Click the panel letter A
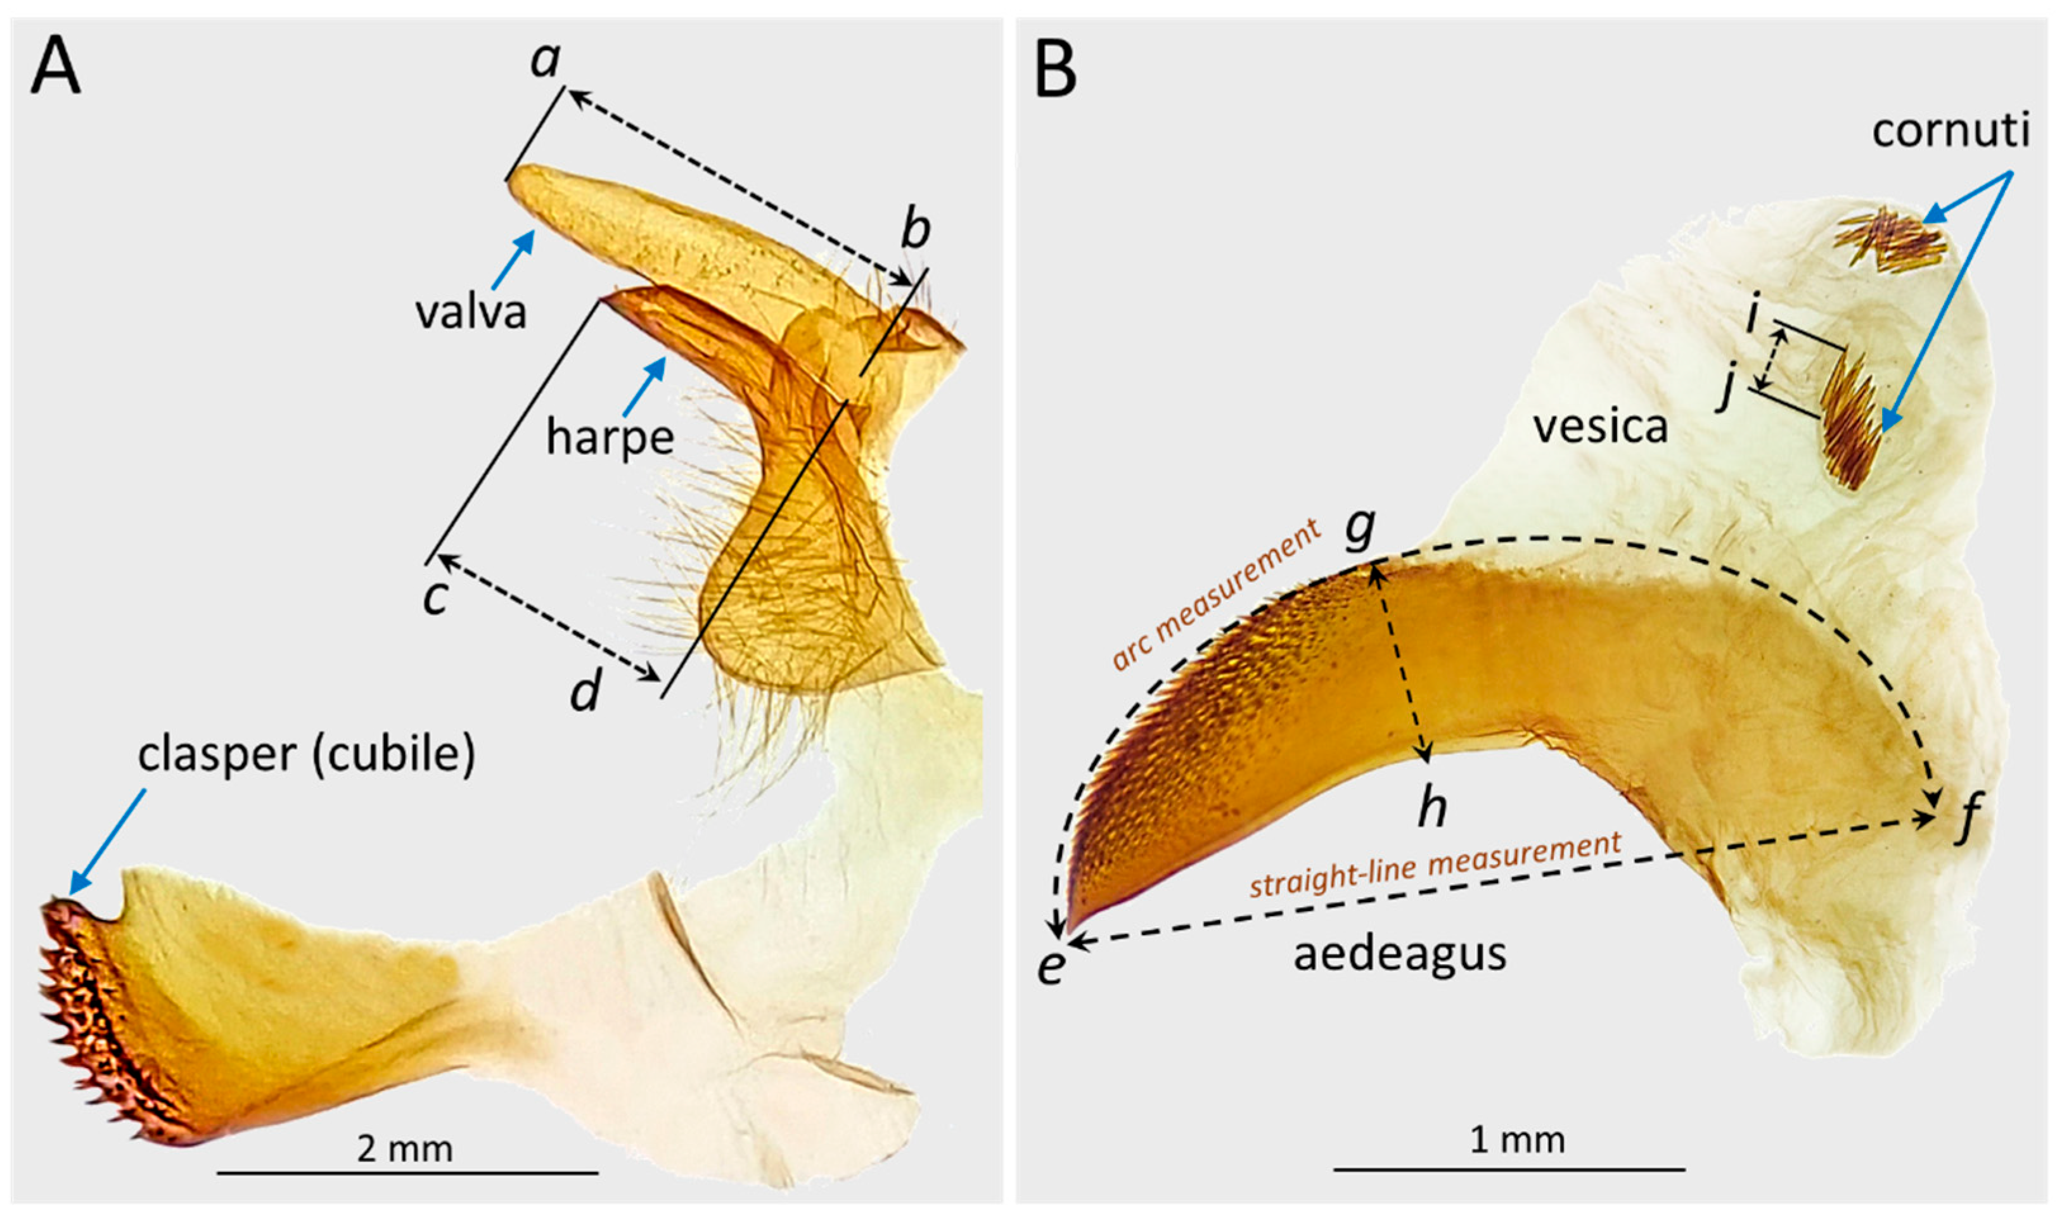(x=55, y=69)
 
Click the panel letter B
(x=1055, y=69)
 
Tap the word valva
(x=470, y=313)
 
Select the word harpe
(x=610, y=437)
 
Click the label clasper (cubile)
(x=306, y=754)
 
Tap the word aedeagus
(x=1399, y=955)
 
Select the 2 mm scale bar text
(x=404, y=1148)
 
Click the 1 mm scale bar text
(x=1517, y=1140)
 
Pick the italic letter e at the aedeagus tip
(x=1051, y=965)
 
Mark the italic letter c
(x=435, y=596)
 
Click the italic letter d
(x=586, y=690)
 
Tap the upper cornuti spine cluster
(x=1889, y=241)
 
